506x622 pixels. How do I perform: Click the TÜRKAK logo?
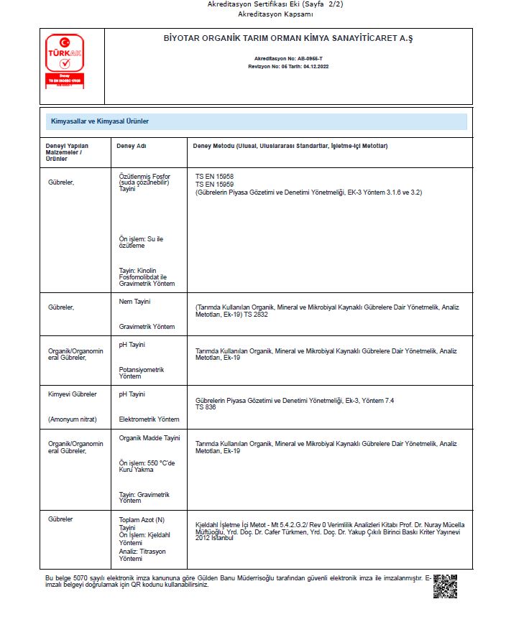pos(65,60)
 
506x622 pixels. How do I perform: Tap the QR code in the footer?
pos(445,586)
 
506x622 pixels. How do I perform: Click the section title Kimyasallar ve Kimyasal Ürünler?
pos(99,121)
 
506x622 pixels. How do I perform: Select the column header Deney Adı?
pos(132,146)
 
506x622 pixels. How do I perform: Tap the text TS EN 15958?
pos(214,176)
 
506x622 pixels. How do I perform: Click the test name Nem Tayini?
pos(134,302)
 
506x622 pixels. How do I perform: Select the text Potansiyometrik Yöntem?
pos(142,373)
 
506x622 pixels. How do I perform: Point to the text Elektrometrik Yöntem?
pos(149,419)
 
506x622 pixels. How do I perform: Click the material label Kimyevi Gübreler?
pos(72,394)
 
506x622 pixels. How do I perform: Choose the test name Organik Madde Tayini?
pos(149,438)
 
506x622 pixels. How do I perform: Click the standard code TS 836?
pos(206,407)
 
